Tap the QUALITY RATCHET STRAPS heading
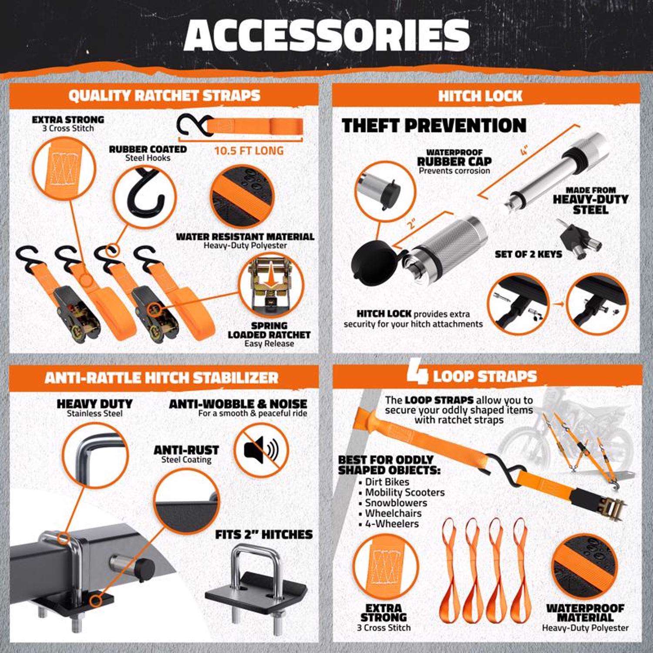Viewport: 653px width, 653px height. click(x=164, y=95)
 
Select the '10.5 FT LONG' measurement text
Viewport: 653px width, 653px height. click(x=249, y=151)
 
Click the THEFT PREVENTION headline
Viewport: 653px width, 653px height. click(x=434, y=125)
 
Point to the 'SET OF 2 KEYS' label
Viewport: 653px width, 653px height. click(x=528, y=254)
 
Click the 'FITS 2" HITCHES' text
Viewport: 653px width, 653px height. click(x=264, y=534)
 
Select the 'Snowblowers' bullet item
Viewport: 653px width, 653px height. click(x=390, y=503)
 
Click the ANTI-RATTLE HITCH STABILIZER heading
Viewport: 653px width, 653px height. click(x=161, y=377)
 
